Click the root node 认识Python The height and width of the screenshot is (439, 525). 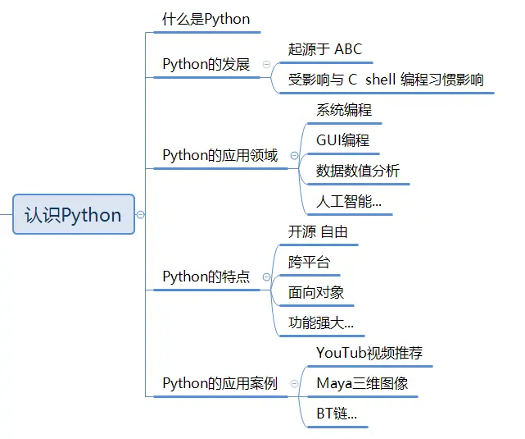click(74, 215)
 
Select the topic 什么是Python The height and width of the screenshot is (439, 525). click(206, 19)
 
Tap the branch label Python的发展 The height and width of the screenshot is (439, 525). click(206, 64)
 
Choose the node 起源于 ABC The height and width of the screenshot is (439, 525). click(324, 49)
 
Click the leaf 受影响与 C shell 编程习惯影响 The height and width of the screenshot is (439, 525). click(386, 80)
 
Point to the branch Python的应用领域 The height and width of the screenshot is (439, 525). click(220, 155)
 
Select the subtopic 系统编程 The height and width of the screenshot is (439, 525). click(344, 109)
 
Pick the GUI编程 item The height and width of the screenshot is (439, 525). click(342, 140)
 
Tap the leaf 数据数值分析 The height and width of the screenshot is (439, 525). click(358, 171)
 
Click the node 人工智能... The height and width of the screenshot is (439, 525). click(348, 201)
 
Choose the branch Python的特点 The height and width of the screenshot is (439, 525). click(206, 277)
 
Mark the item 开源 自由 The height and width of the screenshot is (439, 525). click(318, 232)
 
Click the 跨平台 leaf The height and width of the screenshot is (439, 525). click(309, 263)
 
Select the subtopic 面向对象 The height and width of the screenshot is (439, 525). click(315, 292)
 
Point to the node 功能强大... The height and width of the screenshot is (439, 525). click(320, 322)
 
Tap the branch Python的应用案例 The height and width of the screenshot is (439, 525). click(220, 383)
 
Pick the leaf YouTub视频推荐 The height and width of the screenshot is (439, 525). click(369, 354)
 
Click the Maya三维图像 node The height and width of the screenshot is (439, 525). click(361, 383)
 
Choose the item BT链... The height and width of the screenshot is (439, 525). click(336, 414)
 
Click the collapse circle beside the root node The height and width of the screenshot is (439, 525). click(140, 214)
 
